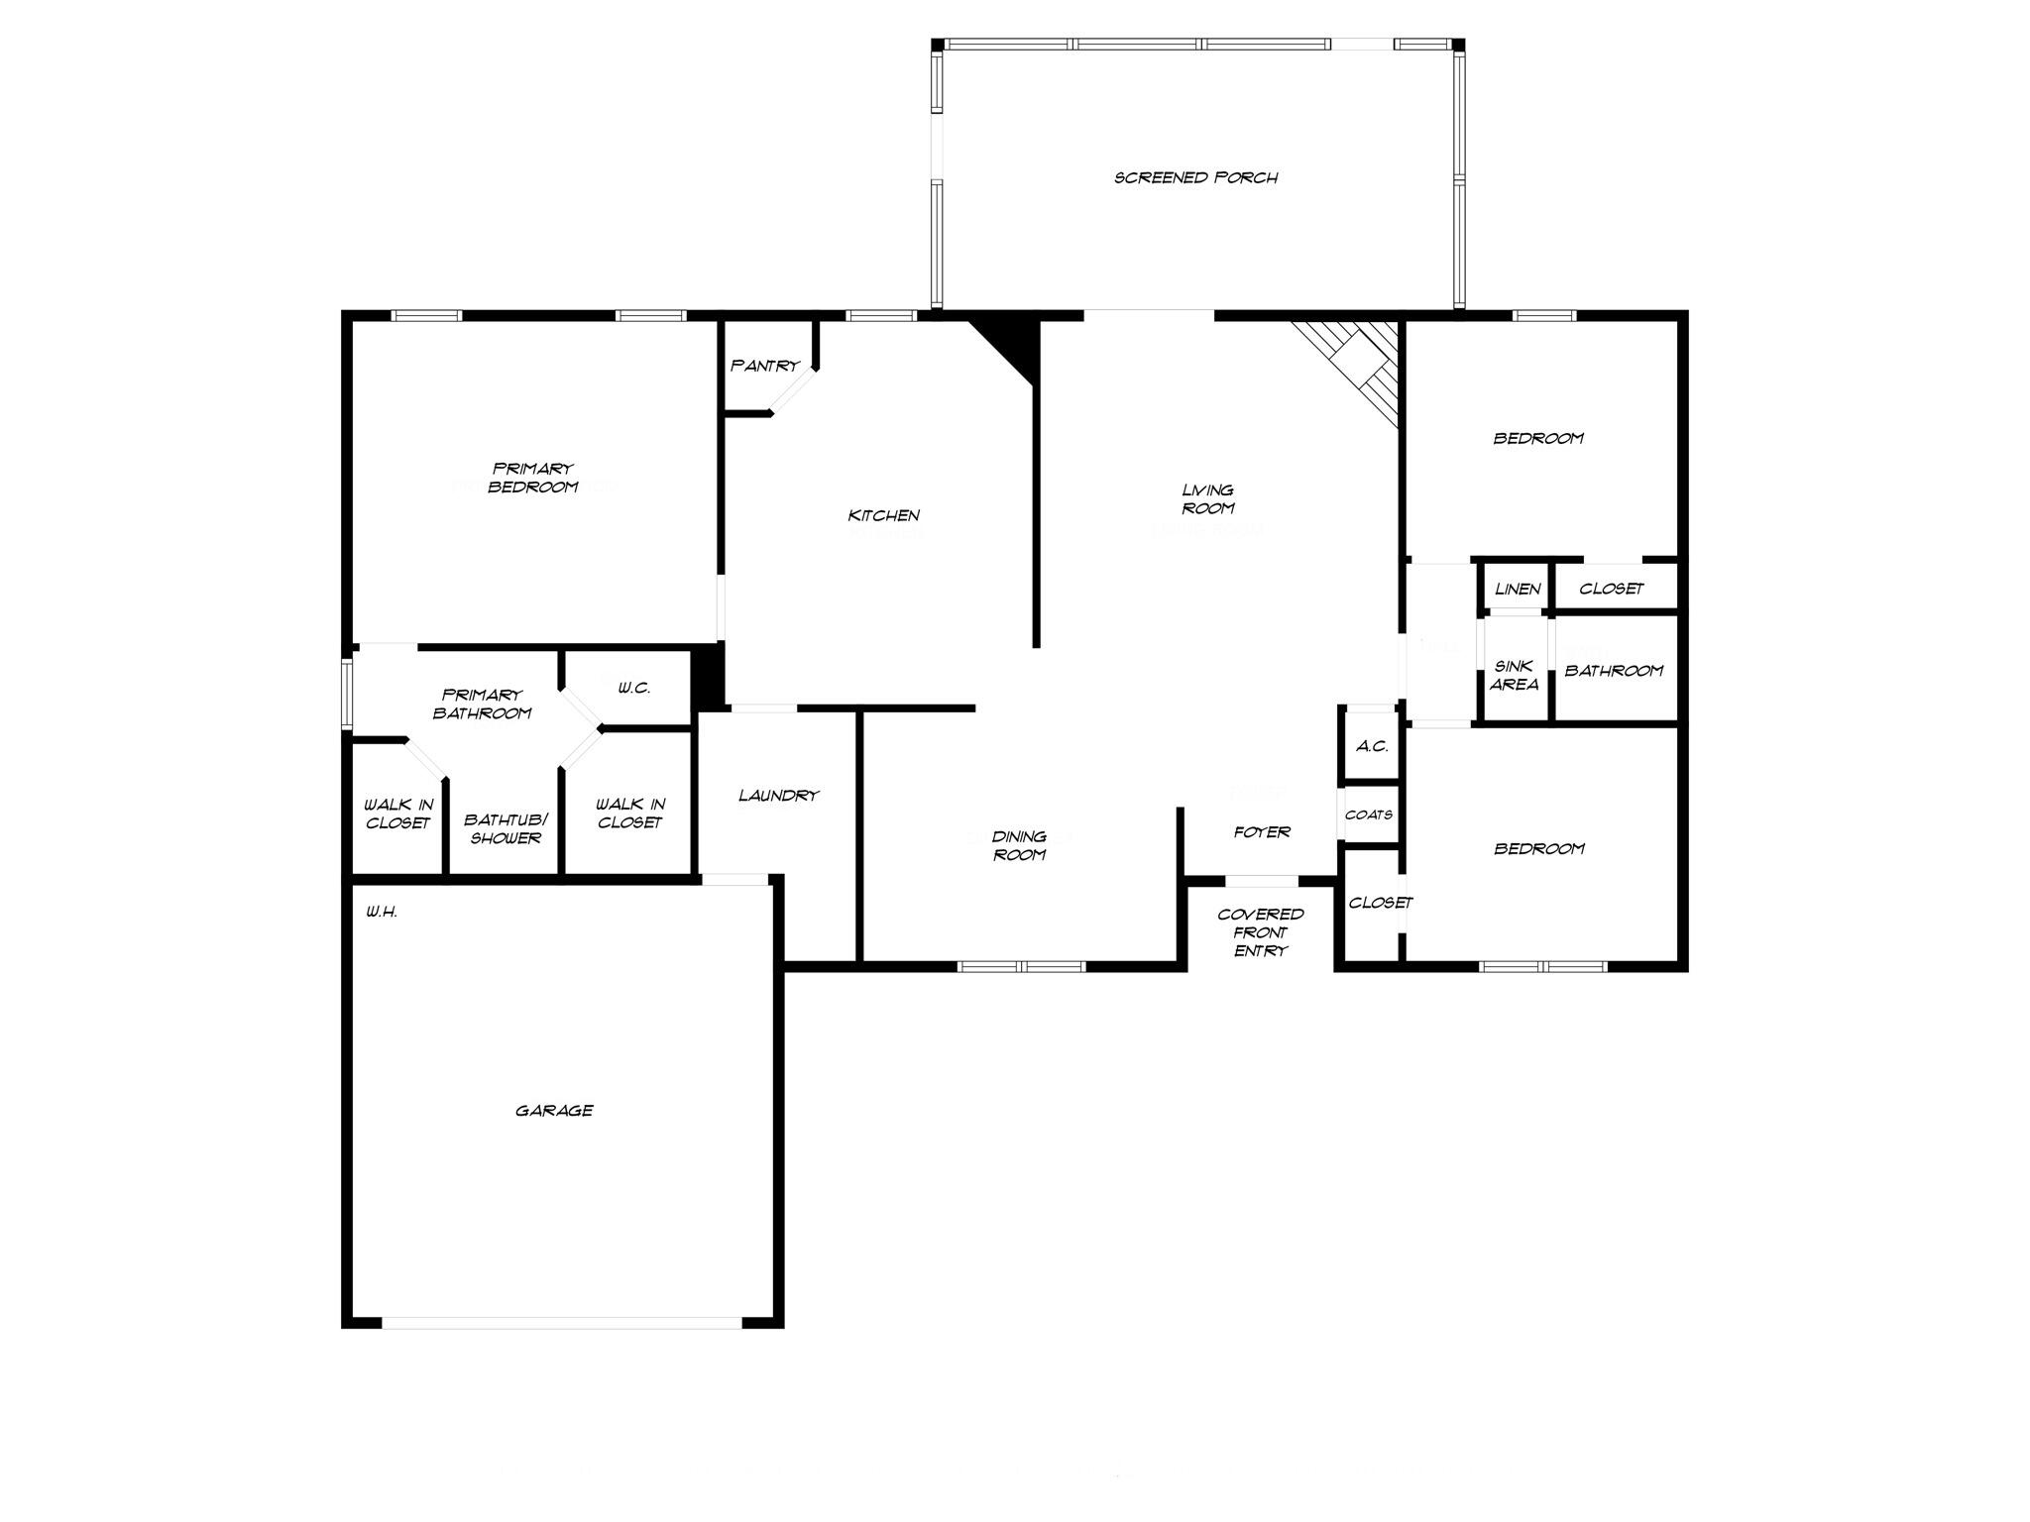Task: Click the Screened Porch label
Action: tap(1195, 178)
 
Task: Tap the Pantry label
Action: tap(764, 366)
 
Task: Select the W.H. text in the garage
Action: tap(382, 912)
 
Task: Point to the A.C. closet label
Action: tap(1372, 746)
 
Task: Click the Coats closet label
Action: tap(1369, 815)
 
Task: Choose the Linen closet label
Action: tap(1517, 590)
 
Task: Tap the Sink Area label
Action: tap(1514, 676)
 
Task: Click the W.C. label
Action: tap(633, 688)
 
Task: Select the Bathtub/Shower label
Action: tap(506, 829)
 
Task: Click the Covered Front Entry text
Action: tap(1260, 932)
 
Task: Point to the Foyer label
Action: tap(1262, 832)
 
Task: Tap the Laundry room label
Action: tap(778, 796)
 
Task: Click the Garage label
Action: tap(554, 1111)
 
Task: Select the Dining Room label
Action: tap(1019, 846)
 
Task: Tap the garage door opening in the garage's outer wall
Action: tap(562, 1323)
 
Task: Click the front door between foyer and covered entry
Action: tap(1262, 881)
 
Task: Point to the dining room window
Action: tap(1022, 967)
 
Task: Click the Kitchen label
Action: tap(883, 515)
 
